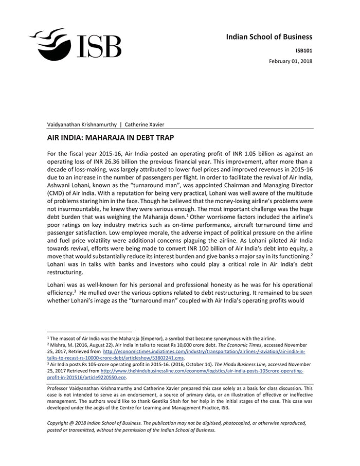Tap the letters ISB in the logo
click(99, 47)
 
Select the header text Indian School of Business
click(269, 37)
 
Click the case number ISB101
click(303, 50)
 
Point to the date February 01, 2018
click(291, 61)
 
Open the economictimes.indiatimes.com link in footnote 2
click(203, 351)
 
